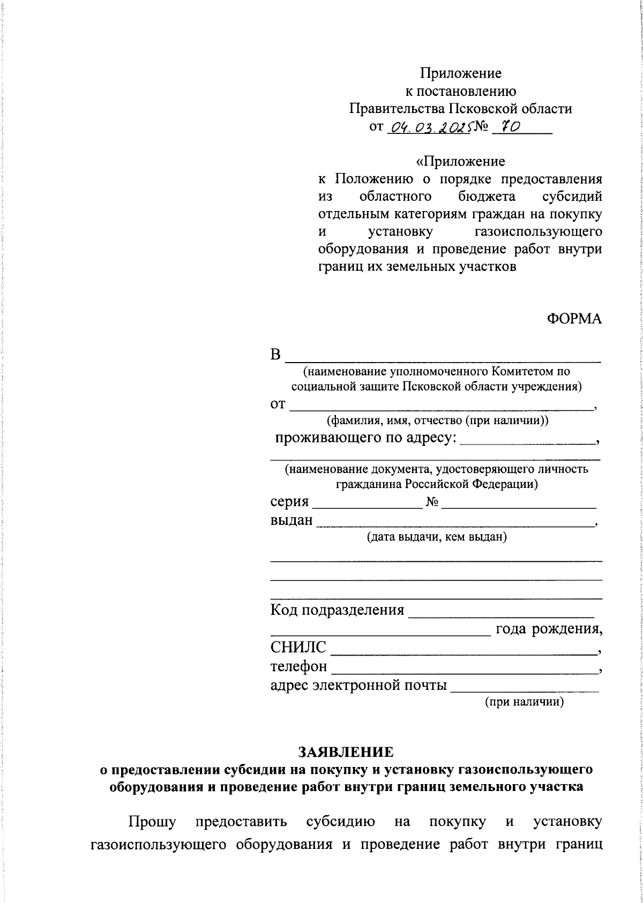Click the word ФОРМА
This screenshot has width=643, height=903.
[x=574, y=319]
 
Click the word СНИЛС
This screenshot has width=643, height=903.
[x=298, y=648]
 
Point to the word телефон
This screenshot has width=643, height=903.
[x=298, y=667]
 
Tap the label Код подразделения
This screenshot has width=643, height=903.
[x=337, y=610]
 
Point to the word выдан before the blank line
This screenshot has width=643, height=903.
[x=291, y=520]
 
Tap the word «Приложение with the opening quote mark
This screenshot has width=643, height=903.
[x=460, y=161]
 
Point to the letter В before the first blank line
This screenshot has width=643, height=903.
[x=275, y=355]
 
